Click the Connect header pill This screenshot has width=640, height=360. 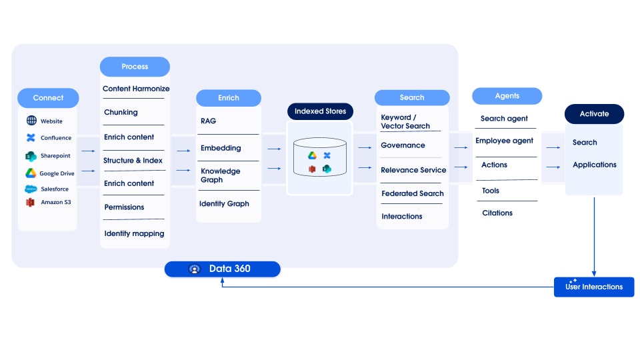(x=48, y=98)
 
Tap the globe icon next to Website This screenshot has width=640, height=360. (x=31, y=121)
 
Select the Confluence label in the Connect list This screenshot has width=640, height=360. (x=55, y=138)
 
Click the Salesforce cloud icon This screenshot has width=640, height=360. (x=31, y=189)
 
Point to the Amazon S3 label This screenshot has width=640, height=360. (x=55, y=202)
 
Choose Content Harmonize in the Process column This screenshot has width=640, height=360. (x=136, y=89)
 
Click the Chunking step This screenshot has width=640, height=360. (x=121, y=113)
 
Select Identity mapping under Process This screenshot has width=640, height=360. (x=134, y=234)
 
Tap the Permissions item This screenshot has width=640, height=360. (x=124, y=207)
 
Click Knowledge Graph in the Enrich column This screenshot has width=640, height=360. (x=220, y=175)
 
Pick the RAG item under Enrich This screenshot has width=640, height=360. (x=208, y=121)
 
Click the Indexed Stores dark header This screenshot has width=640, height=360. (x=320, y=111)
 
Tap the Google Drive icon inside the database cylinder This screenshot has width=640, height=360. (x=311, y=155)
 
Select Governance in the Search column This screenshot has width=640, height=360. (x=403, y=145)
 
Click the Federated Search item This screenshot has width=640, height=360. (x=413, y=194)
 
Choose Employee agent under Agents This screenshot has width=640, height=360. (x=504, y=141)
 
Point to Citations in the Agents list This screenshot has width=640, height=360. (x=497, y=213)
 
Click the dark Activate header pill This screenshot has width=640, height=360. (x=594, y=114)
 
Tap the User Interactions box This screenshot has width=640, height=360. (x=593, y=287)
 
